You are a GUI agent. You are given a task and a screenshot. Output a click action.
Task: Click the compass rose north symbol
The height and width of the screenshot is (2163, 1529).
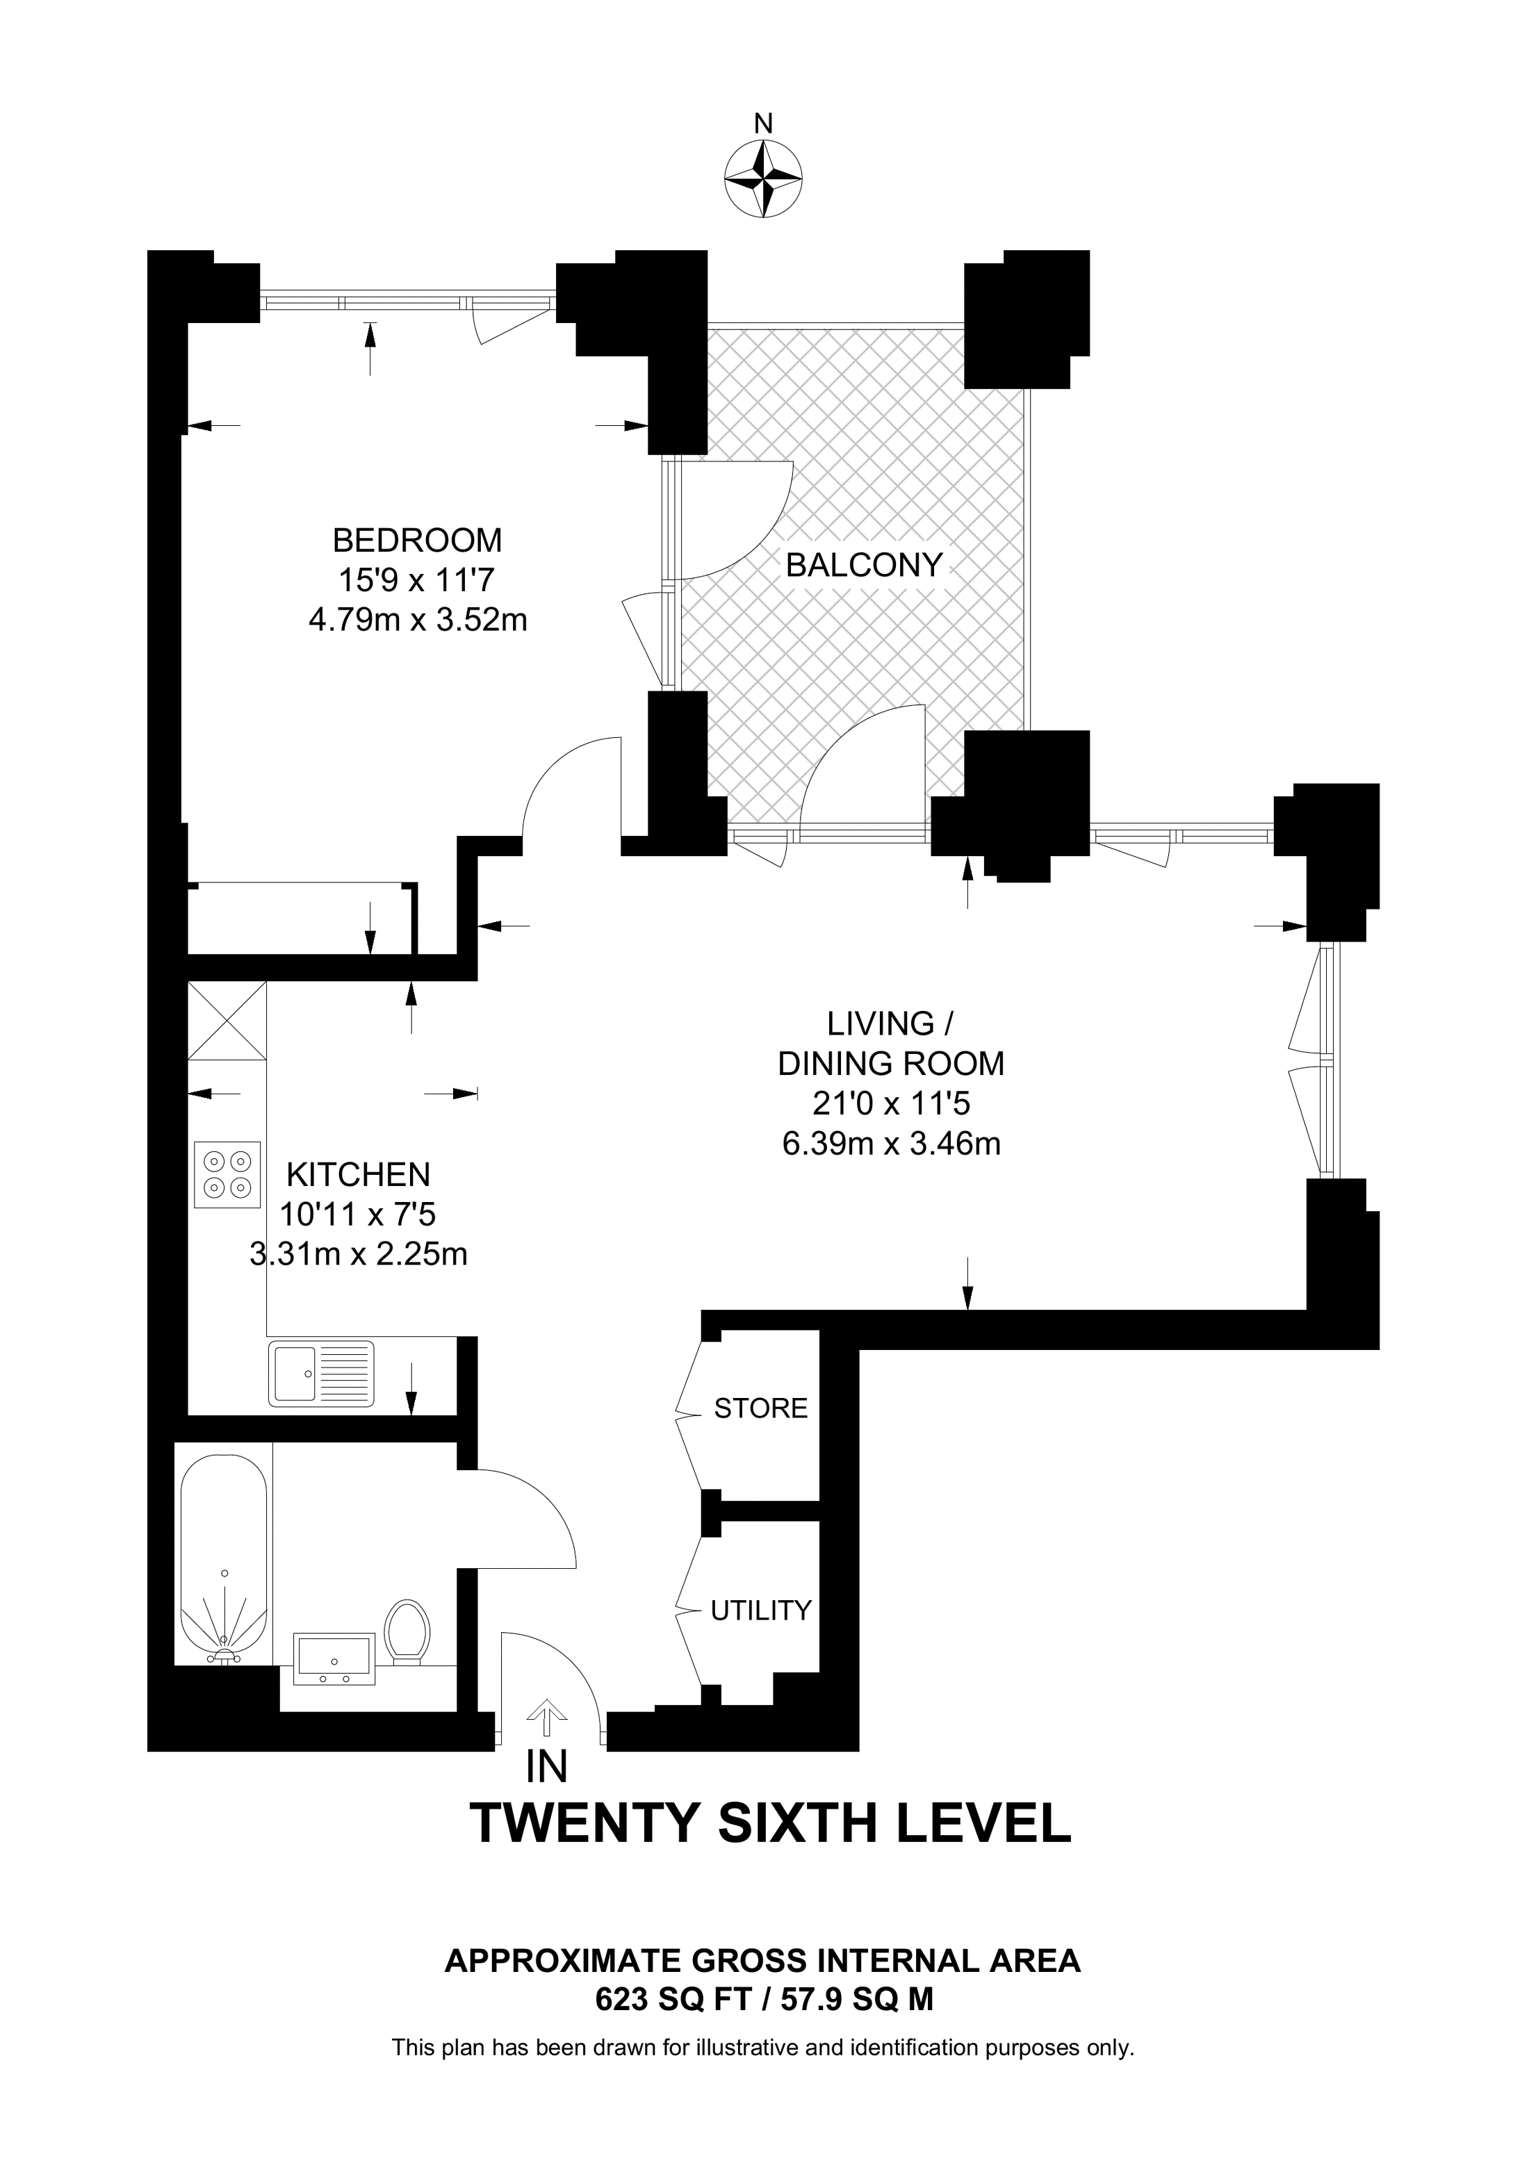tap(763, 178)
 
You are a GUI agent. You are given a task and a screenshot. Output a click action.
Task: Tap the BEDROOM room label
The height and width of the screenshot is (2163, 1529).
tap(417, 540)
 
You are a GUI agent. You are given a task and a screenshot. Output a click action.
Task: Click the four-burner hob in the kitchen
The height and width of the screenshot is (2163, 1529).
tap(227, 1174)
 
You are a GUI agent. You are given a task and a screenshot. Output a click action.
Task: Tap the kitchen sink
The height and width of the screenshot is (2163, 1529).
tap(321, 1372)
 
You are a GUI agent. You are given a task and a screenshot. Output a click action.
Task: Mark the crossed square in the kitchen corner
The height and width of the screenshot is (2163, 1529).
tap(227, 1021)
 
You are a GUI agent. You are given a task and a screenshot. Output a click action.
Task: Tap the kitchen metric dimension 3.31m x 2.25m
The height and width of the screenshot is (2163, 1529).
tap(359, 1254)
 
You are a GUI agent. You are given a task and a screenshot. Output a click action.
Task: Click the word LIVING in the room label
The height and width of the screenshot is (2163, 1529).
tap(880, 1023)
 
